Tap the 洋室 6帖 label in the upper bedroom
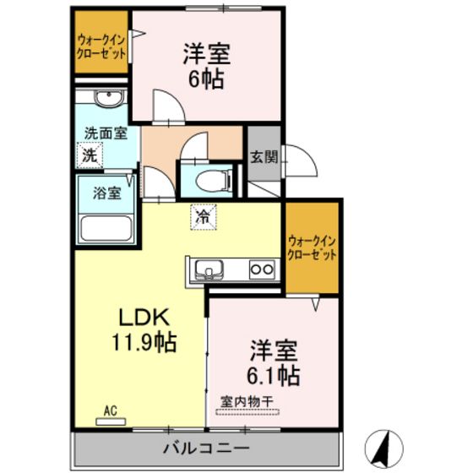[207, 66]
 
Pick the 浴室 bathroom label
[106, 193]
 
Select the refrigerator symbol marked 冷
[203, 216]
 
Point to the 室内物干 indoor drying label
[251, 402]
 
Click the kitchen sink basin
[207, 270]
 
